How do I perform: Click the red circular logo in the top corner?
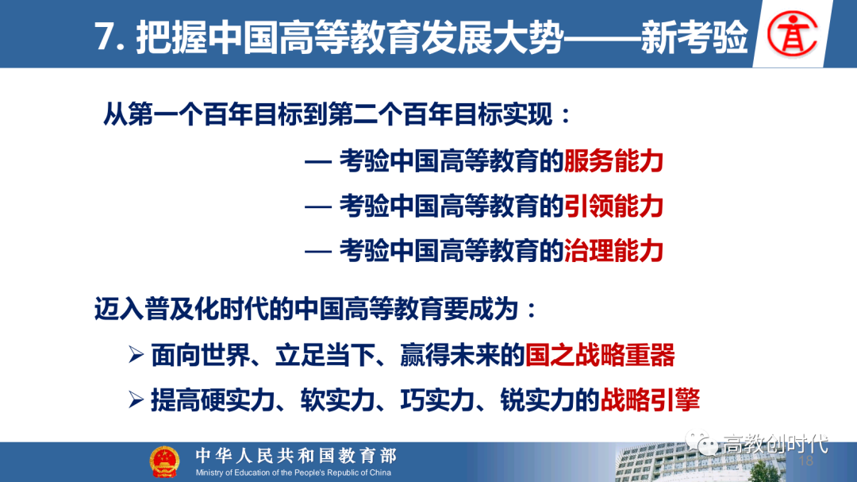793,34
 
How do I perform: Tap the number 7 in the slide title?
104,37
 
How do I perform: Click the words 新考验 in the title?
694,37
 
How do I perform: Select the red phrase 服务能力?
613,161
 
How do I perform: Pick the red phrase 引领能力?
613,206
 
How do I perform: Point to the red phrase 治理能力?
613,251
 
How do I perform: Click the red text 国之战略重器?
600,355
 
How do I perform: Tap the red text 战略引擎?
650,400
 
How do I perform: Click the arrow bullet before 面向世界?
136,355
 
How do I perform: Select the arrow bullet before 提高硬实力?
136,400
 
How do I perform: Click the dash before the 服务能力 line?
317,162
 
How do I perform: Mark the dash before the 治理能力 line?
317,252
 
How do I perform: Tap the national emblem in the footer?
164,462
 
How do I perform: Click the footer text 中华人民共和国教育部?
296,455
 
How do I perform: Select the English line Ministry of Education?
293,472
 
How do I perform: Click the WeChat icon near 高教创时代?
701,442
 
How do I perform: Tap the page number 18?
806,461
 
